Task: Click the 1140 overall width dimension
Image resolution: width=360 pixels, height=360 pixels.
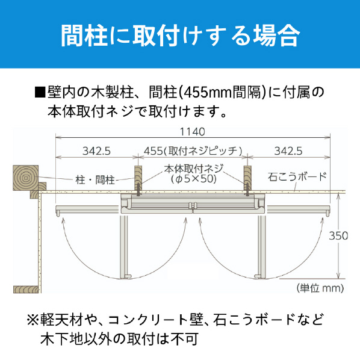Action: pos(193,132)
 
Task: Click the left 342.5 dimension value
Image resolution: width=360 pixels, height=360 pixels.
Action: pos(97,151)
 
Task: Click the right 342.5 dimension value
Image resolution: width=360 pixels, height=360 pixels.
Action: pos(288,151)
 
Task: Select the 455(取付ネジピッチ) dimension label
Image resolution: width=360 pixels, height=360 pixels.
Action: pos(193,151)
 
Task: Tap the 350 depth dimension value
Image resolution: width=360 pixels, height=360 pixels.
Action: pos(338,236)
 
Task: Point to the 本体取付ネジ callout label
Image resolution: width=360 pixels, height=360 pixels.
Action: pos(194,169)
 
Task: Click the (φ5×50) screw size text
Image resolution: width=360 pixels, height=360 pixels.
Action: pos(194,179)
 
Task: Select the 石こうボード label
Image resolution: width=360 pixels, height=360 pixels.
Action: pos(297,177)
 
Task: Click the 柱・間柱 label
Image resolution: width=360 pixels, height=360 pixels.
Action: pos(95,180)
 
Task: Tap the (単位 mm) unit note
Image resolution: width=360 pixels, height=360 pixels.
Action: pos(320,288)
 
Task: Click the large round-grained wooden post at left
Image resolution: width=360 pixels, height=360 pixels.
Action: pos(25,178)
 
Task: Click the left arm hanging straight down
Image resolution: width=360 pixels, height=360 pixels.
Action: pos(125,246)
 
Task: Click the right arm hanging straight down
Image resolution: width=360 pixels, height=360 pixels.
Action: pos(261,246)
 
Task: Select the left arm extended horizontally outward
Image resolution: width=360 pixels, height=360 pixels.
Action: pos(88,210)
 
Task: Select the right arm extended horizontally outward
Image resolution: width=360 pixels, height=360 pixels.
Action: pos(298,210)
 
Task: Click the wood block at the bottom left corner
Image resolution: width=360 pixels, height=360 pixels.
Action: pos(26,290)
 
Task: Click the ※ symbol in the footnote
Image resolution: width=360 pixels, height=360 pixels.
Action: pos(33,320)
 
